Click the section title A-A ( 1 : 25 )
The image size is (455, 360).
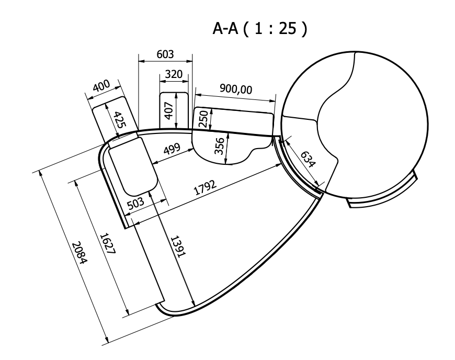[259, 29]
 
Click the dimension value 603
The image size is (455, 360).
[165, 54]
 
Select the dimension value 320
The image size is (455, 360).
[174, 74]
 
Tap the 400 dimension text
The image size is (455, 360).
[101, 86]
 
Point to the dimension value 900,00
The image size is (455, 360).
[236, 89]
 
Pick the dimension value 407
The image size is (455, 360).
[168, 110]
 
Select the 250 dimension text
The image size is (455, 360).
[204, 119]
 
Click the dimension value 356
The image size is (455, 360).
[219, 146]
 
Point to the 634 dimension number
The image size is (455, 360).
[307, 160]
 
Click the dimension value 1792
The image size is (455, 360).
[205, 187]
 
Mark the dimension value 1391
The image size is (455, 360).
[177, 247]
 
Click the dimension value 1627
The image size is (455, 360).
[108, 244]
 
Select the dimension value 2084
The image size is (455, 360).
[79, 253]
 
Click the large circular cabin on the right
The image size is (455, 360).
[355, 126]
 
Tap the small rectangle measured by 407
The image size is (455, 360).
[174, 110]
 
